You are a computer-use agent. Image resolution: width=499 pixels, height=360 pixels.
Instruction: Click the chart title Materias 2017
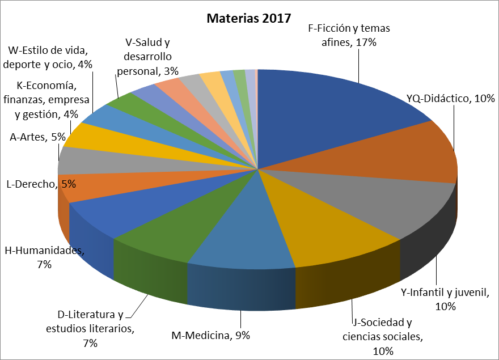pyautogui.click(x=249, y=18)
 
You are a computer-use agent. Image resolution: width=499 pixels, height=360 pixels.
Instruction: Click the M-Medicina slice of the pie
pyautogui.click(x=244, y=232)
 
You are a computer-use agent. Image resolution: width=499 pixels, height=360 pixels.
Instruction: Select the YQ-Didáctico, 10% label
pyautogui.click(x=450, y=99)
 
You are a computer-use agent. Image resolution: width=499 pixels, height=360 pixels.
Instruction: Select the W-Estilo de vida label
pyautogui.click(x=48, y=57)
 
